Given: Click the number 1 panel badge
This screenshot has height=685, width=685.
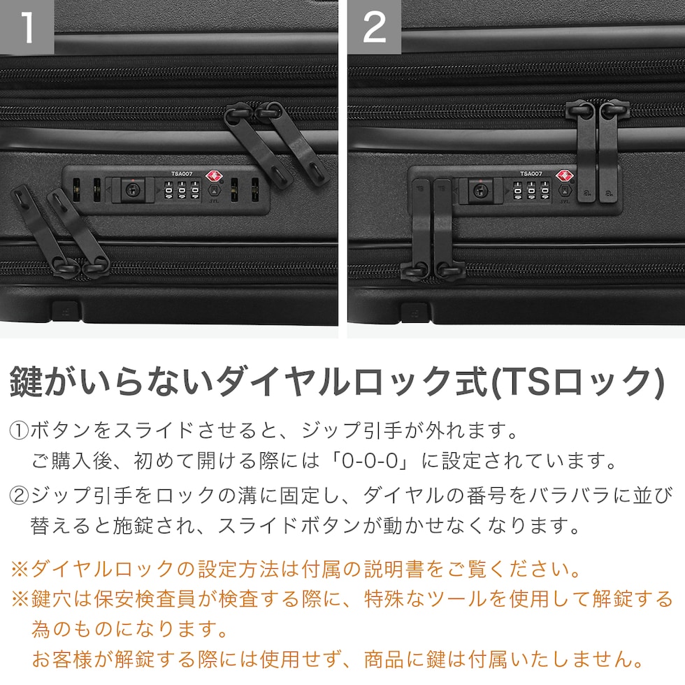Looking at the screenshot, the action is coord(27,27).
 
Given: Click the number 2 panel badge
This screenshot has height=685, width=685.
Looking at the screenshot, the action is coord(375,27).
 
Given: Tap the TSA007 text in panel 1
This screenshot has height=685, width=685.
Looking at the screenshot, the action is coord(182,174).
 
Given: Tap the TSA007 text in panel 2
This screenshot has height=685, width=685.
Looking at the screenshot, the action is coord(531,174).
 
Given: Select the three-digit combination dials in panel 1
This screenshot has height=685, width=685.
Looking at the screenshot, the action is coord(182,190).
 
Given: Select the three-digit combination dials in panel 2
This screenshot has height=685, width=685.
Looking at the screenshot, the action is coord(531,191).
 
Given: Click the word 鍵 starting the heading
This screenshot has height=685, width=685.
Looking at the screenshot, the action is coord(27,382).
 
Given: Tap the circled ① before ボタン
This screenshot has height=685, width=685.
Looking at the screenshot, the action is coord(20,431).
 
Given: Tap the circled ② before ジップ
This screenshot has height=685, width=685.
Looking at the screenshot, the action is coord(20,496).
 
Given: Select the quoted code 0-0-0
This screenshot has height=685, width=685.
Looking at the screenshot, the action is coord(370,461).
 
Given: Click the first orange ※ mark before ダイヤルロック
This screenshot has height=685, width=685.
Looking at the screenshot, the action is coord(20,569).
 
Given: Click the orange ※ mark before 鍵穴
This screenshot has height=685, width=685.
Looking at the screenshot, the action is coord(20,599).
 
